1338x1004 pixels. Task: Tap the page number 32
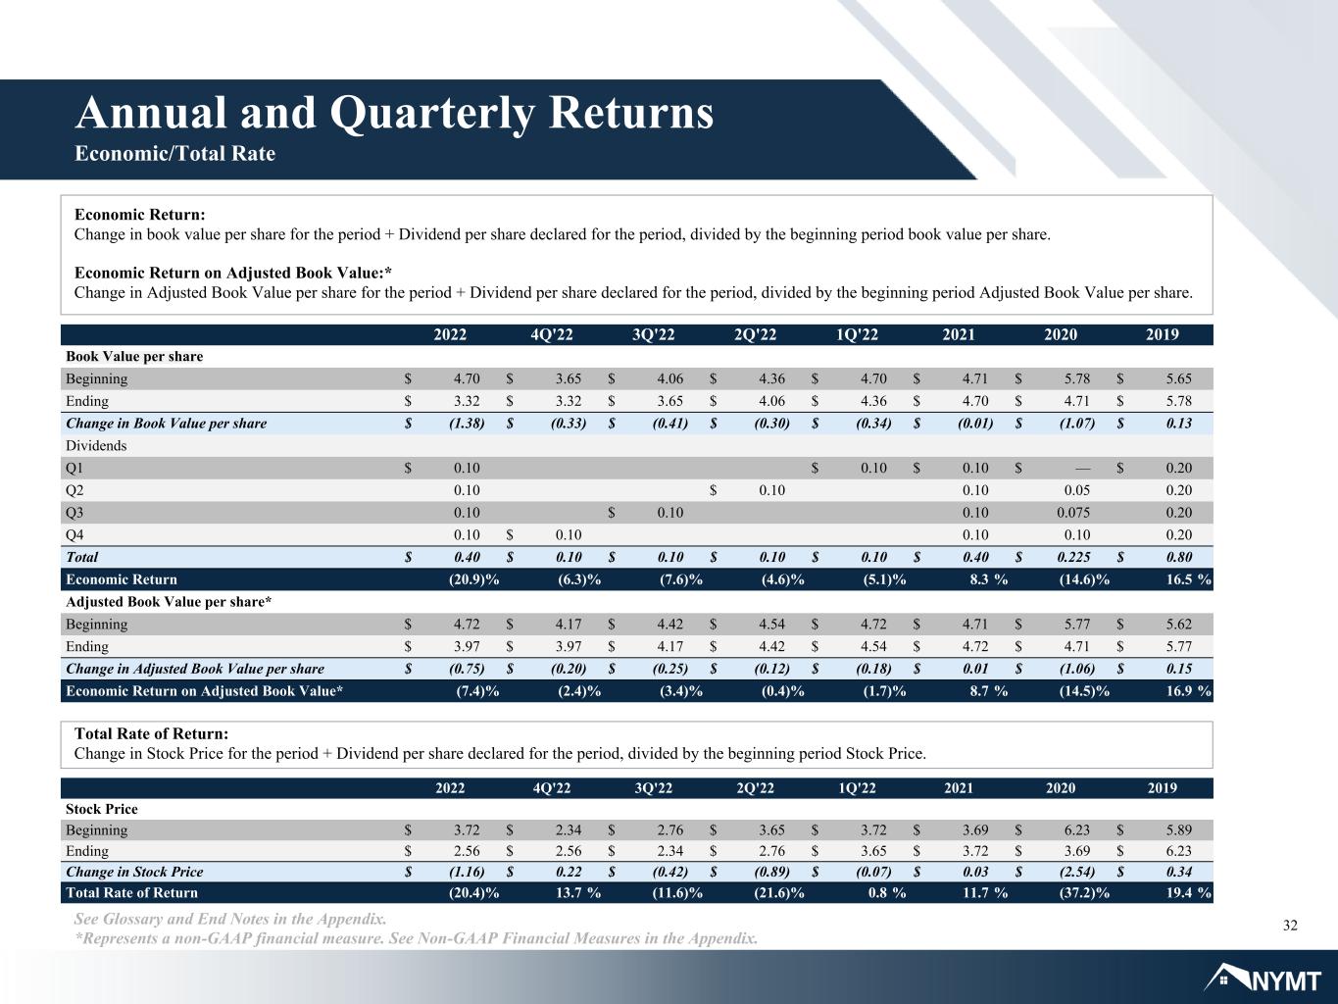[1290, 926]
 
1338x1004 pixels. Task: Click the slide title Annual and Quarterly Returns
[394, 114]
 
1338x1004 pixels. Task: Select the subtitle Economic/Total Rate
[174, 153]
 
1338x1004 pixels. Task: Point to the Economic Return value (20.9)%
[473, 579]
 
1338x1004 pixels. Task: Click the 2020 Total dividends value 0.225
[1073, 557]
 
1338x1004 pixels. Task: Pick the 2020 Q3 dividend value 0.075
[1072, 513]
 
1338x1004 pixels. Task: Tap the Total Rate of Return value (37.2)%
[1084, 893]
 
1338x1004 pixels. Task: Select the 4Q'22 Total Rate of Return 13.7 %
[577, 893]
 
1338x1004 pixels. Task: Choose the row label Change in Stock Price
[134, 872]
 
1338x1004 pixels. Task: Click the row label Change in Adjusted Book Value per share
[195, 669]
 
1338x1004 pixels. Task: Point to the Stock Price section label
[102, 809]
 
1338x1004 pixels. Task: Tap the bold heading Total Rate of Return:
[151, 733]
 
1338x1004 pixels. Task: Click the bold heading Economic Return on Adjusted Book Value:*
[233, 273]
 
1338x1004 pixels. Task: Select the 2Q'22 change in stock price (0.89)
[771, 872]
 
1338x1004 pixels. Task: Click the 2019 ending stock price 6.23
[1179, 850]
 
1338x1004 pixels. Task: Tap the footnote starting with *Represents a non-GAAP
[416, 938]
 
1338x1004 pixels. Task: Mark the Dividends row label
[96, 445]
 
